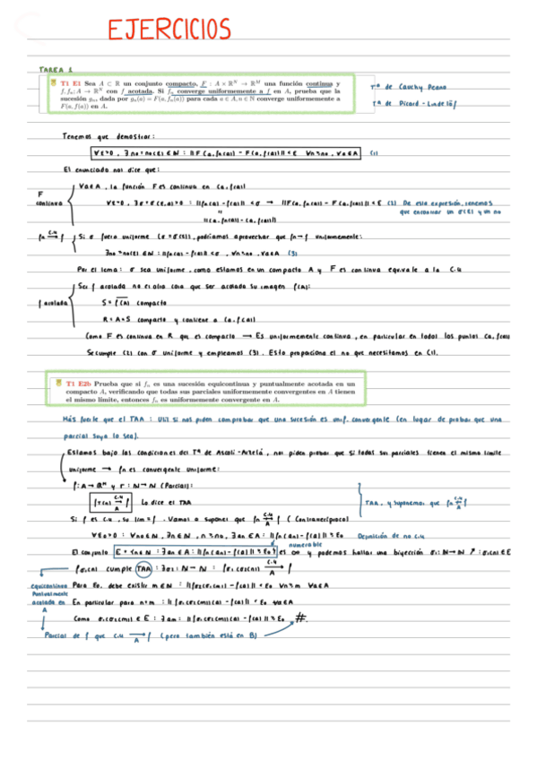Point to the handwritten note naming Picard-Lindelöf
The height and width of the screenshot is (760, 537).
tap(413, 104)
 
